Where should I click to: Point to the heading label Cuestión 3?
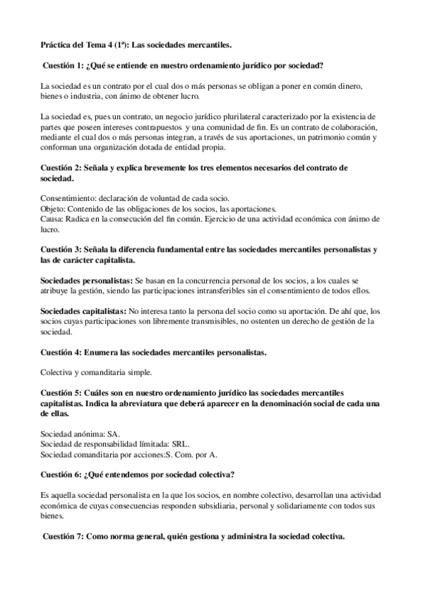pyautogui.click(x=62, y=250)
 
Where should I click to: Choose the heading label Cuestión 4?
pyautogui.click(x=62, y=351)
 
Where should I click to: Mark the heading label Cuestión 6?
pyautogui.click(x=62, y=474)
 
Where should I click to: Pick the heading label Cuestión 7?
pyautogui.click(x=64, y=537)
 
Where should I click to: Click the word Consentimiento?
pyautogui.click(x=68, y=199)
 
